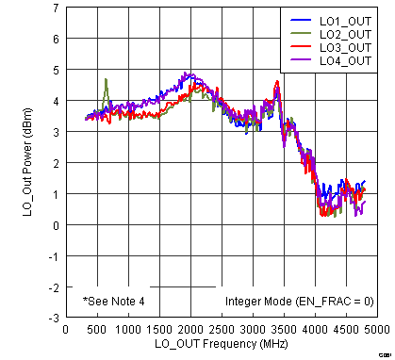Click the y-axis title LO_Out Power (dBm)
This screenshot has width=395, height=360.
click(28, 165)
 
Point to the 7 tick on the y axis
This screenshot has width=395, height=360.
click(57, 8)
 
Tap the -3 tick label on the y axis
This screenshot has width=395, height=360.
click(55, 318)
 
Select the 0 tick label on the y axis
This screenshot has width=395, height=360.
click(57, 225)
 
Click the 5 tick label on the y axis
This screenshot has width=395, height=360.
click(57, 71)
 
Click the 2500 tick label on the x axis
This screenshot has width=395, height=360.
click(221, 330)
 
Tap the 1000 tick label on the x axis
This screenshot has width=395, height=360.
click(127, 330)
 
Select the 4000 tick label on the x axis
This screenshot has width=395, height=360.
click(314, 330)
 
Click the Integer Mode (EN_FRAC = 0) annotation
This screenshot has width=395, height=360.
click(299, 302)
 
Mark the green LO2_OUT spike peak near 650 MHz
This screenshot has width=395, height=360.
click(106, 79)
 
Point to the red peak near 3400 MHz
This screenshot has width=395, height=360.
click(277, 82)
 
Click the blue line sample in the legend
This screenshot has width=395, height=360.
click(300, 20)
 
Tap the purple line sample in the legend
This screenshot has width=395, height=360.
click(300, 60)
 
